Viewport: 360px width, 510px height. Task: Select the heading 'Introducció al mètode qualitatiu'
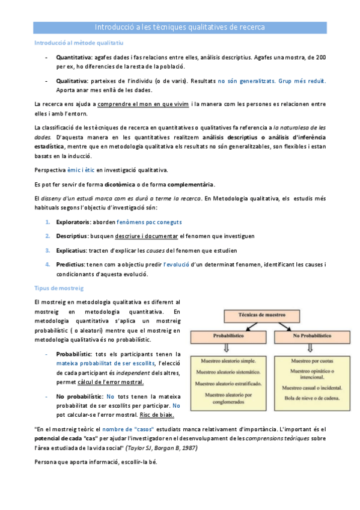point(78,43)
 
